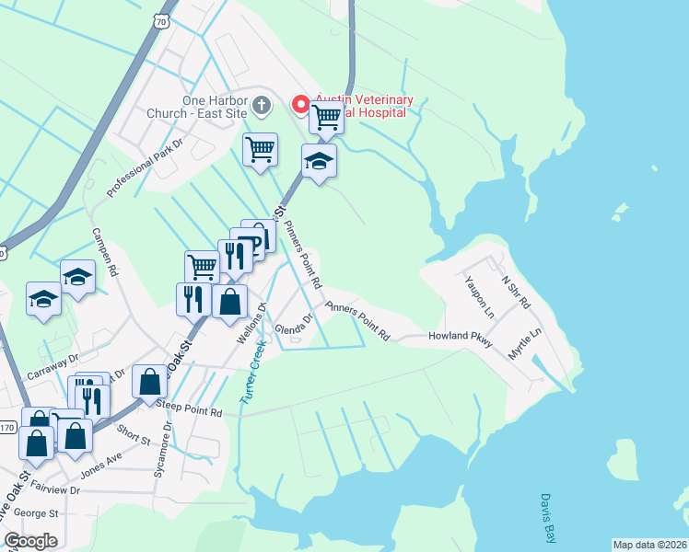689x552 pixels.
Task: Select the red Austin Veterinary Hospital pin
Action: [x=300, y=104]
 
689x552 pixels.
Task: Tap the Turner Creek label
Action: [x=252, y=373]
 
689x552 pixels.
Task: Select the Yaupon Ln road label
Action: [x=479, y=296]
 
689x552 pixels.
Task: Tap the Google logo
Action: [x=30, y=540]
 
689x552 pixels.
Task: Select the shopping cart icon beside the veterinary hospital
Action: [x=326, y=117]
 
